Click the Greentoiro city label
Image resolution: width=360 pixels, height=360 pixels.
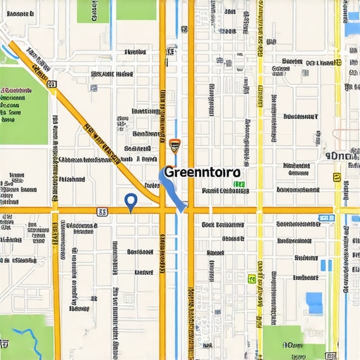(x=201, y=172)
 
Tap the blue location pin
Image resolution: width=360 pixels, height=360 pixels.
(x=130, y=202)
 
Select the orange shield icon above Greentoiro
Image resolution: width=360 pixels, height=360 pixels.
(x=175, y=146)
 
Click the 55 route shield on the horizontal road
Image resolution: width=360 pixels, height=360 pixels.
(x=103, y=210)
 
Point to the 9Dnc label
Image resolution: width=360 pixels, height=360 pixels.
(x=341, y=155)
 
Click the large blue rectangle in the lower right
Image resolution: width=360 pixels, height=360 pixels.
(x=314, y=303)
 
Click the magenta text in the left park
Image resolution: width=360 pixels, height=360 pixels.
(x=15, y=91)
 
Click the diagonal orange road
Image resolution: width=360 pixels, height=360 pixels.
(x=91, y=127)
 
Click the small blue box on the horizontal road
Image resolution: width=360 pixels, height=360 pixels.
(x=325, y=218)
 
